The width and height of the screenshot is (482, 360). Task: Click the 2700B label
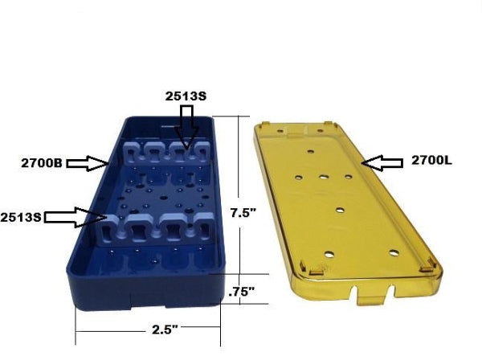[x=42, y=163]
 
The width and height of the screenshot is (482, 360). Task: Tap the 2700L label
[x=431, y=160]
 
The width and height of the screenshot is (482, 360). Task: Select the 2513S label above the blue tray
[x=186, y=96]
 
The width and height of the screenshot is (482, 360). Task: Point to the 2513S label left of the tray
[x=21, y=217]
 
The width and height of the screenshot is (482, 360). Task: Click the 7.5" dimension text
[x=243, y=213]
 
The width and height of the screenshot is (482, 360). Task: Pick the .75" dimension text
[x=243, y=292]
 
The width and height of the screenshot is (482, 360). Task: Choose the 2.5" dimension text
[x=165, y=330]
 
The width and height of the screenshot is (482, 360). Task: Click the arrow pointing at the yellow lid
[x=382, y=162]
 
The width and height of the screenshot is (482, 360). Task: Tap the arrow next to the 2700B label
[x=88, y=163]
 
